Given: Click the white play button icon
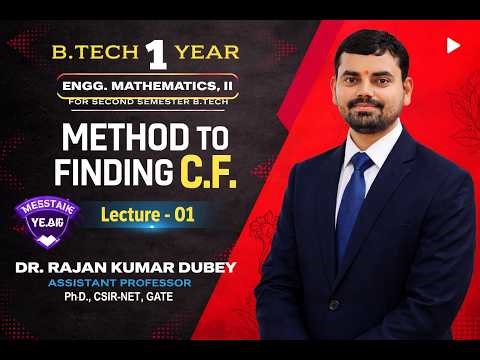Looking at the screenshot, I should click(x=453, y=45).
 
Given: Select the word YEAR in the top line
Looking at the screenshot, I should click(x=207, y=51).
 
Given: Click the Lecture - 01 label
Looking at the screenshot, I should click(x=147, y=214).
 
